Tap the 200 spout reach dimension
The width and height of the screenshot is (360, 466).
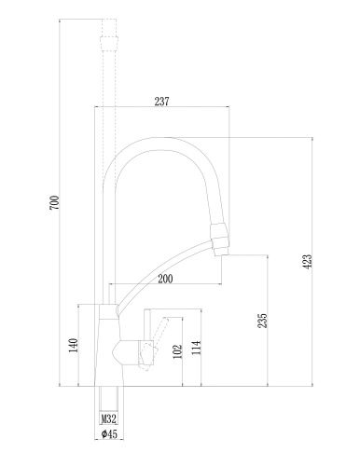tap(166, 277)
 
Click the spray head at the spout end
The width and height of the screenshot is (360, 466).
tap(220, 240)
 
